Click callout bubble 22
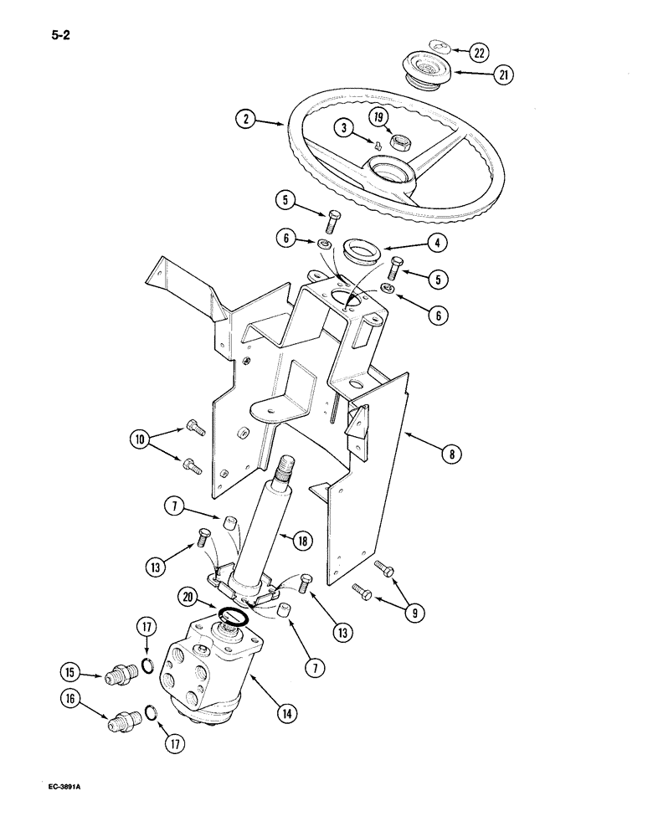click(478, 53)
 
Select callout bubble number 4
click(437, 244)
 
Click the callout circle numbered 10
click(141, 439)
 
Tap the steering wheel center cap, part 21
click(427, 67)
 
